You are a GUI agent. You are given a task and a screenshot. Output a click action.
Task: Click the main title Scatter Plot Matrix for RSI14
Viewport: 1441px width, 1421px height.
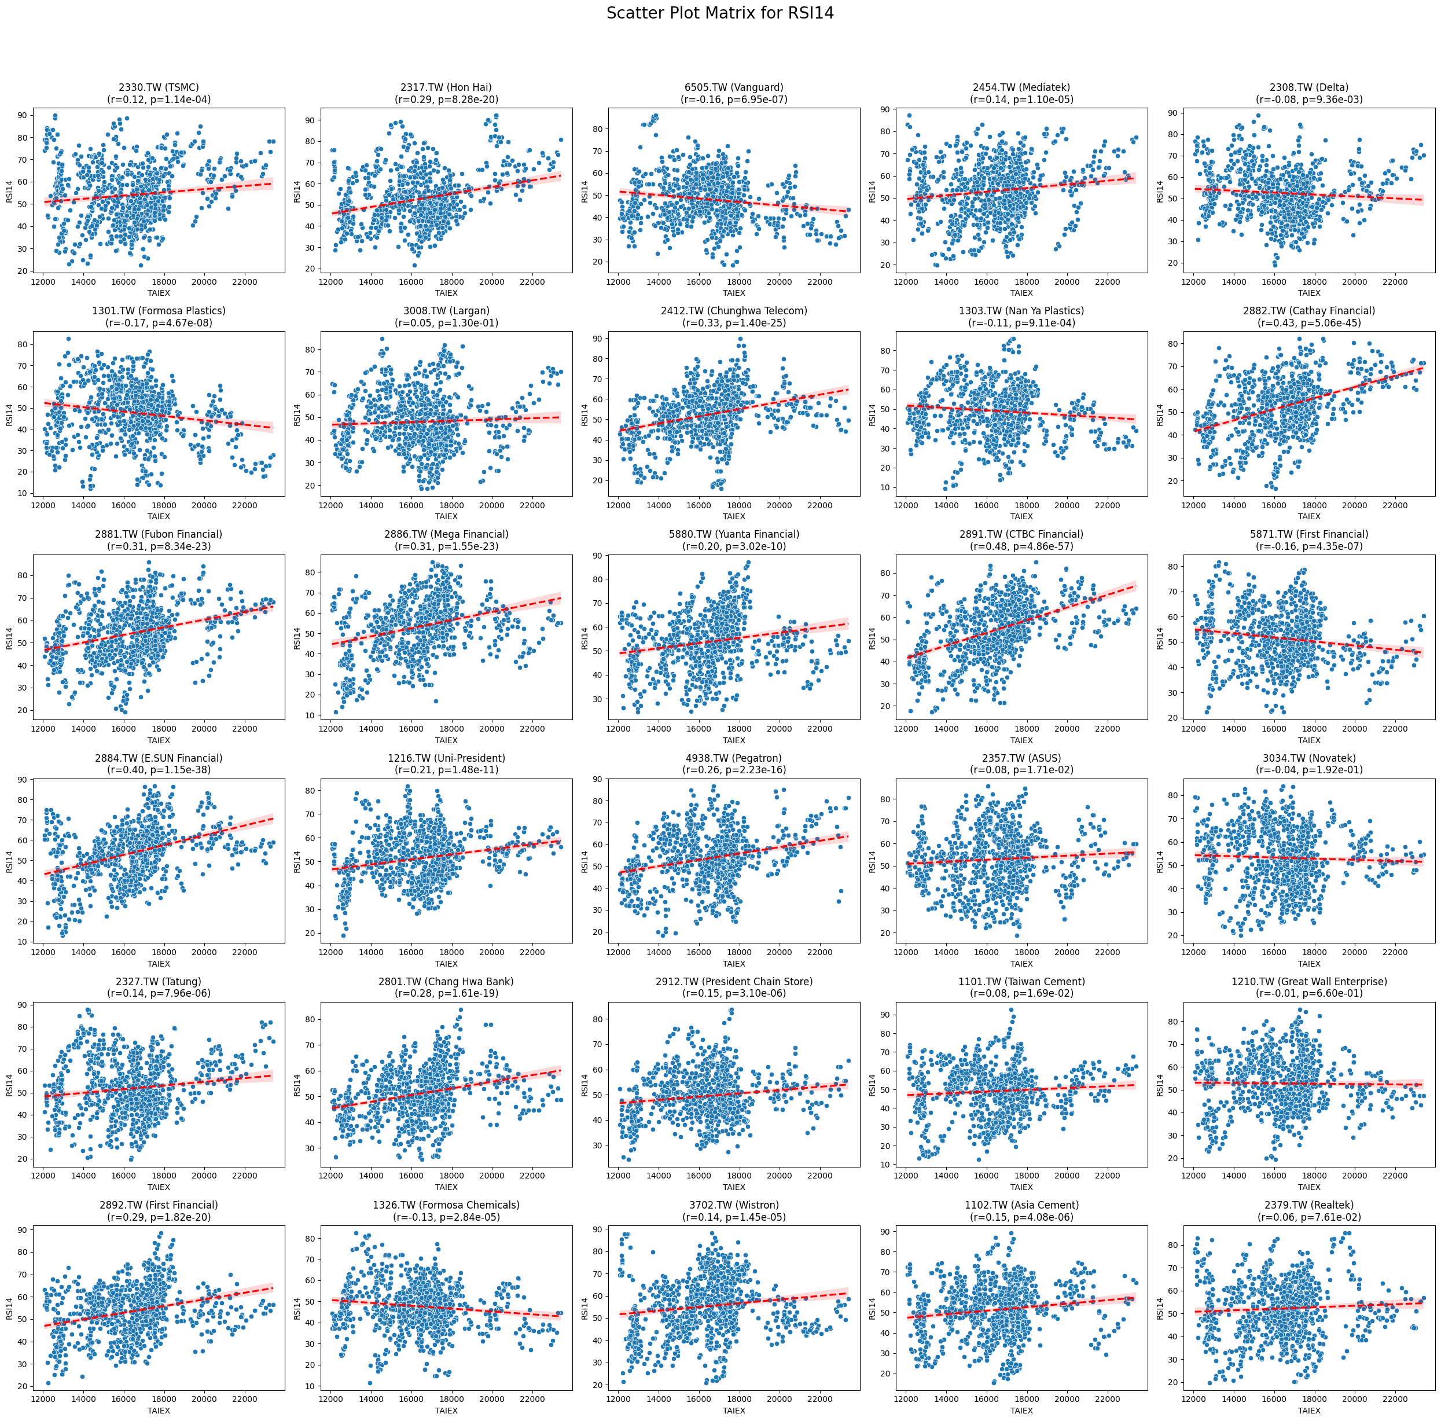coord(720,13)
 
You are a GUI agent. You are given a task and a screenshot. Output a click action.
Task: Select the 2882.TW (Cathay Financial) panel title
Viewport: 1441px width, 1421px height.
coord(1309,311)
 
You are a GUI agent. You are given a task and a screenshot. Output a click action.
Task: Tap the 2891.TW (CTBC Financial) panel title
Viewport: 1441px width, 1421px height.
coord(1021,534)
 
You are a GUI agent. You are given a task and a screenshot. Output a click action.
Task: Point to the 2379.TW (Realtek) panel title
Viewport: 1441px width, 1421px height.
coord(1309,1205)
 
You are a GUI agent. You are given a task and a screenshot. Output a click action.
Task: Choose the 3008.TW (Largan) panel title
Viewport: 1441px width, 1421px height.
coord(446,311)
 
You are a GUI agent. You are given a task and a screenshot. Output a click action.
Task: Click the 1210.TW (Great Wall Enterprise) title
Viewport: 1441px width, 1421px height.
coord(1309,982)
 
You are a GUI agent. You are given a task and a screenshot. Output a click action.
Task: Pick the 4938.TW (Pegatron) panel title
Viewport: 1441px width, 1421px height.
coord(734,758)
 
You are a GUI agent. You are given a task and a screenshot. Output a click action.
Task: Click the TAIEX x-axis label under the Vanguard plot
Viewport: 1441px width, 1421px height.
coord(734,293)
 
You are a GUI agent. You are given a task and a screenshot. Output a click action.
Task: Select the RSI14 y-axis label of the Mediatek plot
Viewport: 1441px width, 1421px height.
coord(872,191)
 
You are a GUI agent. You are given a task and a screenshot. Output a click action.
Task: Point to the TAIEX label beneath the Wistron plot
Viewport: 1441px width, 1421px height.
coord(734,1411)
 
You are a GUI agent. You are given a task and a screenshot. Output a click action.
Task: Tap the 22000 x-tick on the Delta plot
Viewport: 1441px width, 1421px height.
coord(1395,282)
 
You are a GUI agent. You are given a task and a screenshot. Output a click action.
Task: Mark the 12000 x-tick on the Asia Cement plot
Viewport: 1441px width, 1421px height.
coord(906,1400)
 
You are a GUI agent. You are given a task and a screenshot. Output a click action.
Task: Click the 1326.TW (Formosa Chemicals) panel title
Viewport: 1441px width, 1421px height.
coord(446,1205)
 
